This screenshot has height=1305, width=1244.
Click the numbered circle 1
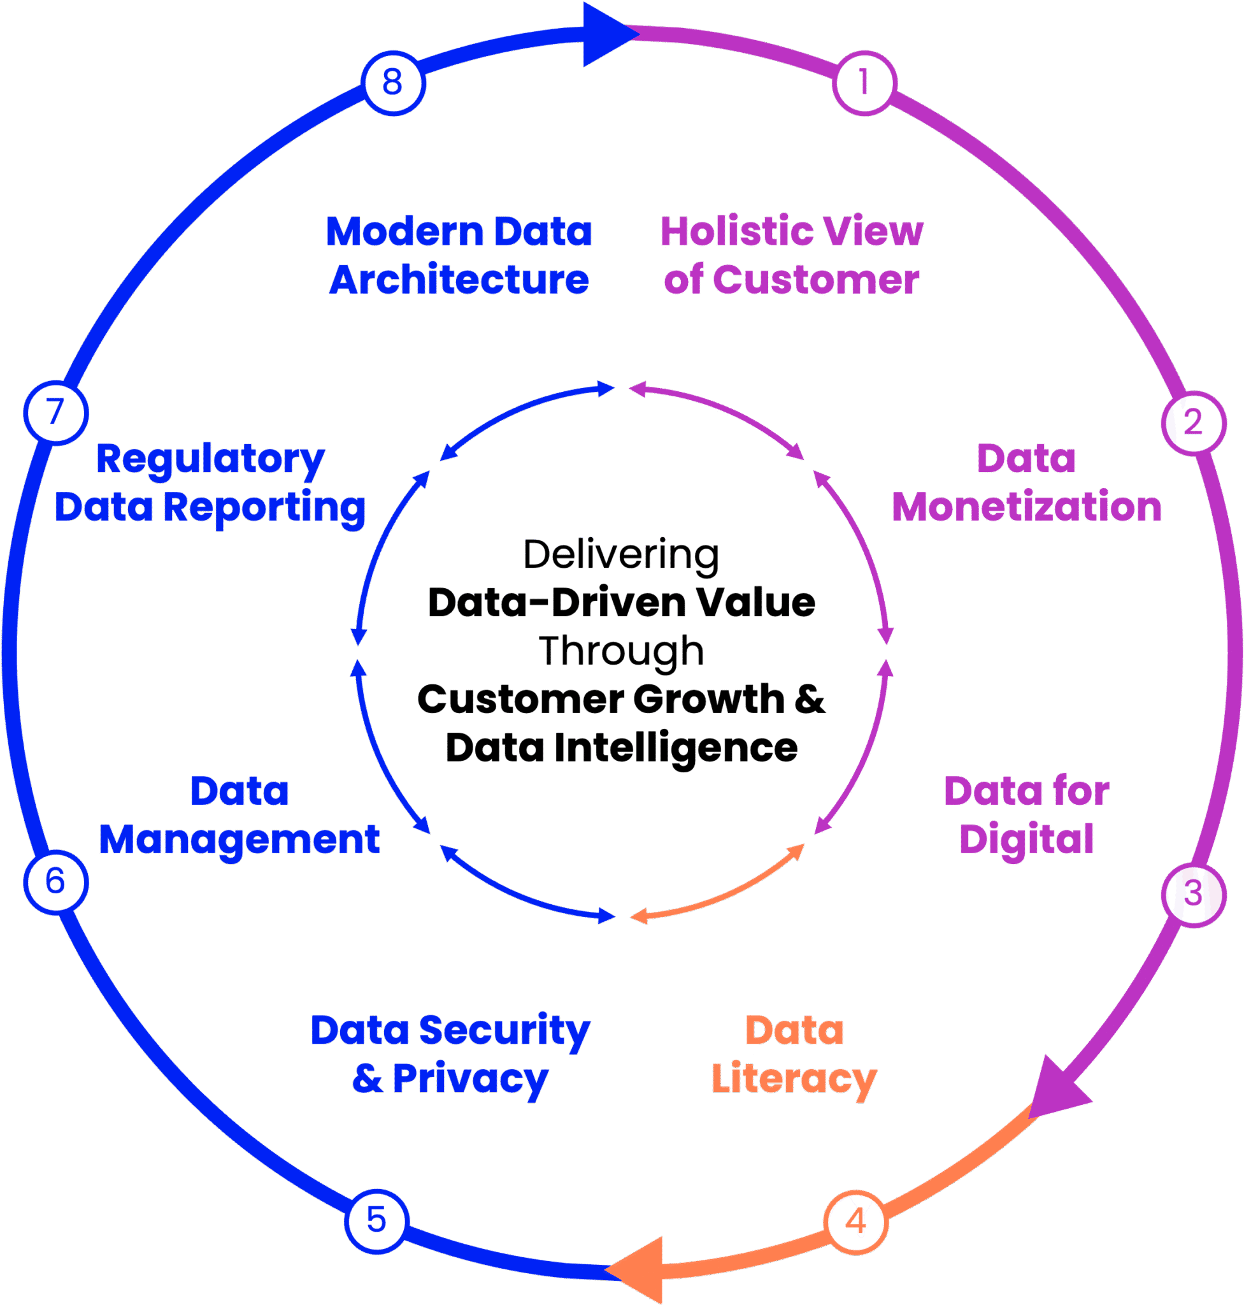pyautogui.click(x=863, y=83)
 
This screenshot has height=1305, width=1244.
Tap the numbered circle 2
pyautogui.click(x=1193, y=422)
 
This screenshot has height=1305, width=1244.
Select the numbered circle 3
pyautogui.click(x=1193, y=893)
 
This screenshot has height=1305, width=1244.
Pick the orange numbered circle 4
pyautogui.click(x=855, y=1222)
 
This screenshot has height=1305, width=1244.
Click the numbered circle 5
pyautogui.click(x=376, y=1221)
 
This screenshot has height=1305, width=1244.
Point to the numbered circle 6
pyautogui.click(x=55, y=882)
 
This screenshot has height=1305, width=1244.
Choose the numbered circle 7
pyautogui.click(x=55, y=412)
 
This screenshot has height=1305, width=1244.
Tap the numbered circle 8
pyautogui.click(x=392, y=83)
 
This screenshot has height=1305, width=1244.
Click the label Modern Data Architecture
pyautogui.click(x=459, y=256)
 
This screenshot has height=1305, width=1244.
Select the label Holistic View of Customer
pyautogui.click(x=792, y=256)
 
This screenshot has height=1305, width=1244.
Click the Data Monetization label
pyautogui.click(x=1027, y=484)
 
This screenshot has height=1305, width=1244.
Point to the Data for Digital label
pyautogui.click(x=1027, y=816)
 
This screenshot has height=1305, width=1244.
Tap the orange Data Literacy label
pyautogui.click(x=794, y=1055)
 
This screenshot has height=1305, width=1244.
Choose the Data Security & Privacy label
pyautogui.click(x=451, y=1055)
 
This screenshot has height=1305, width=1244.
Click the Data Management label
pyautogui.click(x=240, y=816)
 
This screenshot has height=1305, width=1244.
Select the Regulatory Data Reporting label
pyautogui.click(x=210, y=484)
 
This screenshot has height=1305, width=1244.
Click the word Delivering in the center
pyautogui.click(x=620, y=555)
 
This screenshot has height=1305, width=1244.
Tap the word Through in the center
pyautogui.click(x=620, y=651)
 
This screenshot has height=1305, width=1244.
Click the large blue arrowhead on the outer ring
pyautogui.click(x=607, y=34)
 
